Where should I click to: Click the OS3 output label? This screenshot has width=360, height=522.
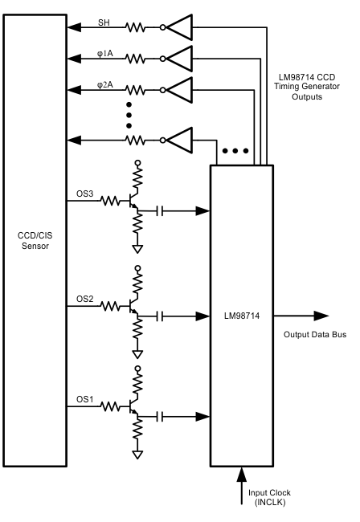[x=85, y=193]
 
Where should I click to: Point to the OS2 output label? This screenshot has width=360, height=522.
[x=85, y=298]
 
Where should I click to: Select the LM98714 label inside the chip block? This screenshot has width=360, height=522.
[x=242, y=316]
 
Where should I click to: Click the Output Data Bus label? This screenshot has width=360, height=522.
[x=315, y=334]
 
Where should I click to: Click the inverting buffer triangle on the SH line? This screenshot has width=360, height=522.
[x=181, y=27]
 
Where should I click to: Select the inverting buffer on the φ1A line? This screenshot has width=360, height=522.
[x=181, y=58]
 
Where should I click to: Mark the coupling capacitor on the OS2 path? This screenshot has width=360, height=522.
[x=162, y=315]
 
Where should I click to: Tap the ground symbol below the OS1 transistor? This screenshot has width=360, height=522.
[x=137, y=455]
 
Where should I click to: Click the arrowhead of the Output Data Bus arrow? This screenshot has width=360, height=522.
[x=322, y=316]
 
